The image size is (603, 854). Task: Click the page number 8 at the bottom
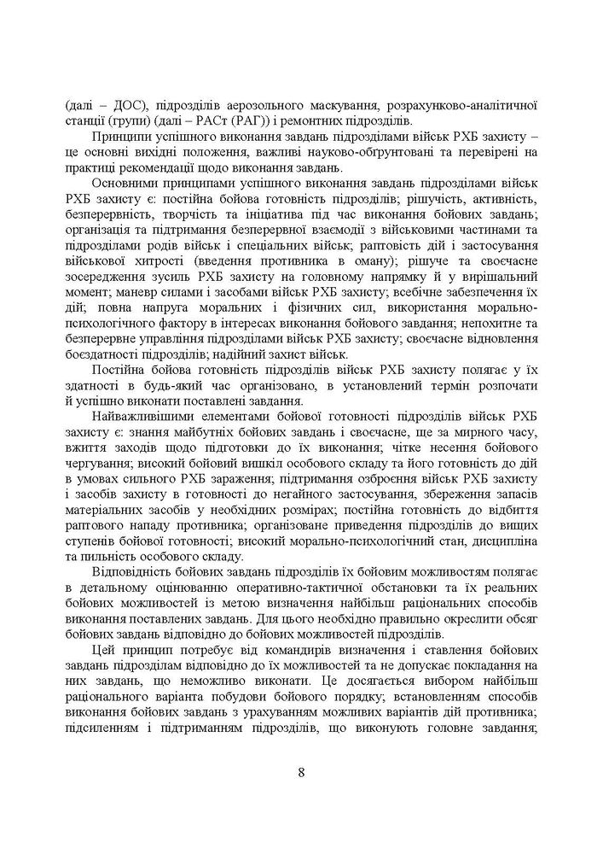click(301, 774)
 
